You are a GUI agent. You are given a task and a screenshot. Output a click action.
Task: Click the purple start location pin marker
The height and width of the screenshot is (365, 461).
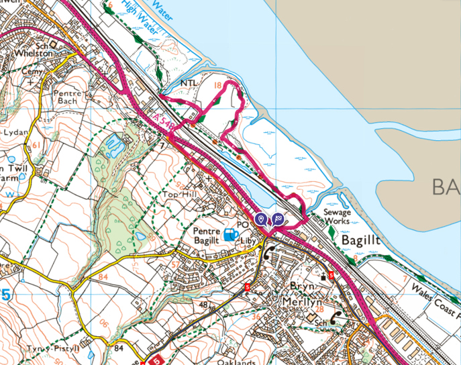click(x=260, y=219)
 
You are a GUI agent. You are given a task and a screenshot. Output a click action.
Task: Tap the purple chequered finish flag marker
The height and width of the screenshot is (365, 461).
click(x=277, y=219)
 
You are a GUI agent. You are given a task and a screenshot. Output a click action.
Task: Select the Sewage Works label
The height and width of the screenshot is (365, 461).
click(x=335, y=216)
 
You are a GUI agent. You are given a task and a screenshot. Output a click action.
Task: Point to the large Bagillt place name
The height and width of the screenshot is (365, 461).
click(x=363, y=239)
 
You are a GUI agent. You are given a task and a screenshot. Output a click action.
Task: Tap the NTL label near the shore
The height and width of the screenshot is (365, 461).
click(x=191, y=84)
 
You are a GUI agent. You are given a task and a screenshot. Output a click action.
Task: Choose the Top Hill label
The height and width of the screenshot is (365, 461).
click(x=180, y=195)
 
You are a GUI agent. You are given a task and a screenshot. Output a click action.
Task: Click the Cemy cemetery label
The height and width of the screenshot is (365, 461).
click(x=31, y=70)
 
